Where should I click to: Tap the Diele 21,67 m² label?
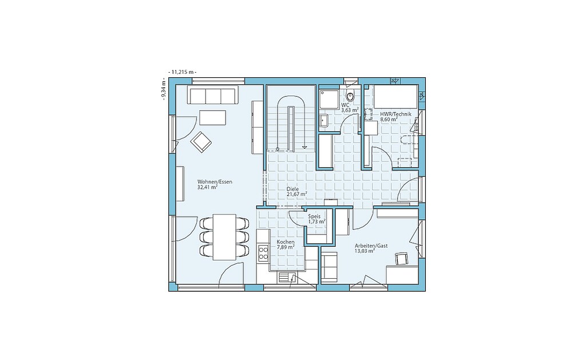coord(297,191)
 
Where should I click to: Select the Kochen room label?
coord(286,244)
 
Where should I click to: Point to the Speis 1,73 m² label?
coord(316,219)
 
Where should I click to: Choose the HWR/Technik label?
coord(395,117)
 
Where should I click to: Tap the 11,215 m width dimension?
coord(183,72)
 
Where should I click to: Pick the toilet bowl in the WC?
coord(350,96)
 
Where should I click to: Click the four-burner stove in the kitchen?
coord(263,252)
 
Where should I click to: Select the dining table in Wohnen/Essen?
coord(224,237)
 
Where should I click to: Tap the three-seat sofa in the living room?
coord(213,95)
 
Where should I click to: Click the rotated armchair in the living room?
coord(201,142)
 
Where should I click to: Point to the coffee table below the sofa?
coord(213,117)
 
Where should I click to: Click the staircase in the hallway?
coord(291,118)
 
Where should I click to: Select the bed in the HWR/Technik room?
coord(396,97)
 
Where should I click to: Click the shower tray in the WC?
coord(329,100)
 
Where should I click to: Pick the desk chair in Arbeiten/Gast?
coord(401,259)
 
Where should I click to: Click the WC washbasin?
coord(324,121)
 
